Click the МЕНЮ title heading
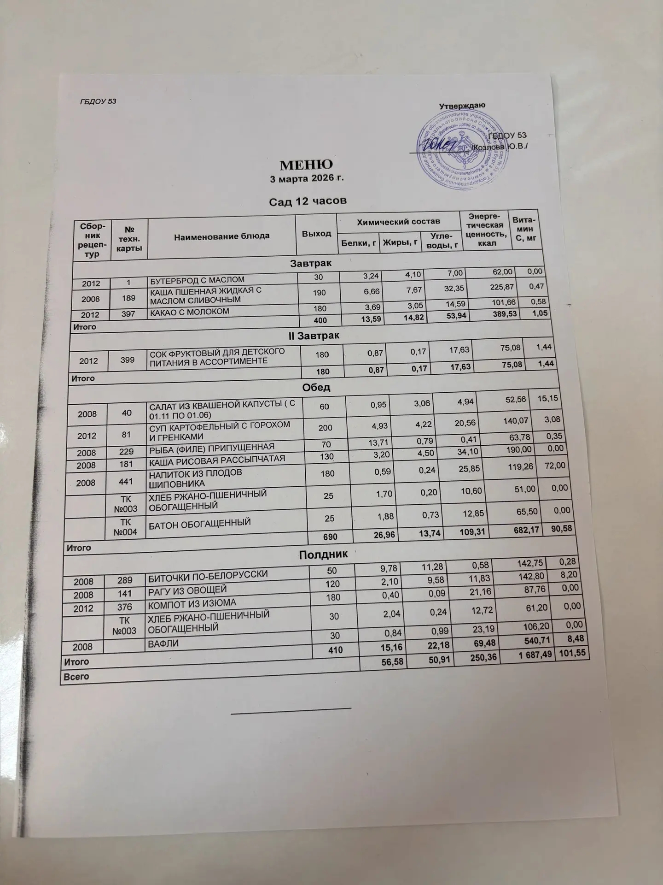pyautogui.click(x=307, y=165)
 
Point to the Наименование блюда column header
pyautogui.click(x=221, y=236)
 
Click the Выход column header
pyautogui.click(x=316, y=233)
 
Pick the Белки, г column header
pyautogui.click(x=358, y=243)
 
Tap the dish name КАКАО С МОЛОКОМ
pyautogui.click(x=189, y=312)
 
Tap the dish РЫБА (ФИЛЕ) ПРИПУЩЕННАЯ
pyautogui.click(x=211, y=447)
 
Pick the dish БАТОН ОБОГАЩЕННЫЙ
pyautogui.click(x=198, y=522)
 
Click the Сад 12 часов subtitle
pyautogui.click(x=308, y=201)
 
